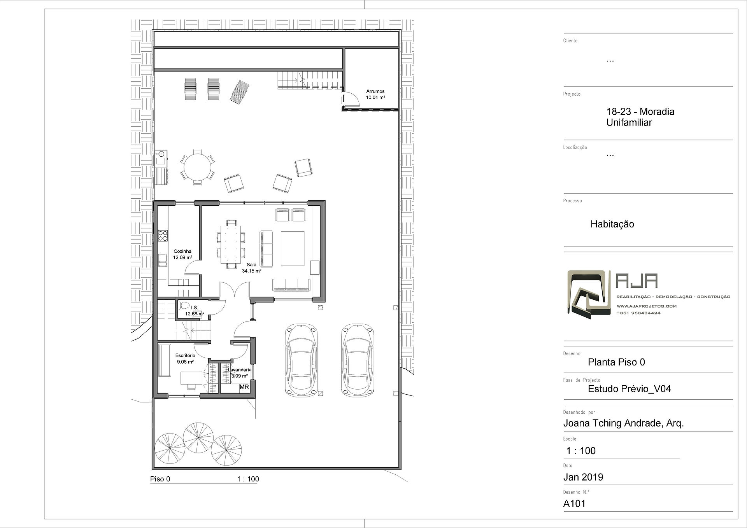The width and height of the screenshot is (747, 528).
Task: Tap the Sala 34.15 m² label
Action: (x=251, y=268)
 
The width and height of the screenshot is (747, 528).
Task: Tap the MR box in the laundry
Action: (x=244, y=387)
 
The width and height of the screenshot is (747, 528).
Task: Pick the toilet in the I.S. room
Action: (x=184, y=306)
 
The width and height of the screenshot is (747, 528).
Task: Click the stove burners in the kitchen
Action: (x=163, y=236)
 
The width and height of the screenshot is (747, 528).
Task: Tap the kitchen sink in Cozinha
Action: (x=163, y=260)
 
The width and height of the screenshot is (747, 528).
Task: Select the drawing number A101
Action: (x=574, y=504)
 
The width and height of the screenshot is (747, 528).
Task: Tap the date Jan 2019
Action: (x=583, y=477)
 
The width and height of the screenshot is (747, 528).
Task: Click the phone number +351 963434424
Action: (x=638, y=313)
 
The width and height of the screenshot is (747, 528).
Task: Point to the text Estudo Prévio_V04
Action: (x=630, y=389)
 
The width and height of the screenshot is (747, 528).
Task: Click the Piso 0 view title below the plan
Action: (x=160, y=479)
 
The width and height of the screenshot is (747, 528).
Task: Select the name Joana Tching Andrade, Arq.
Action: (x=624, y=423)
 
